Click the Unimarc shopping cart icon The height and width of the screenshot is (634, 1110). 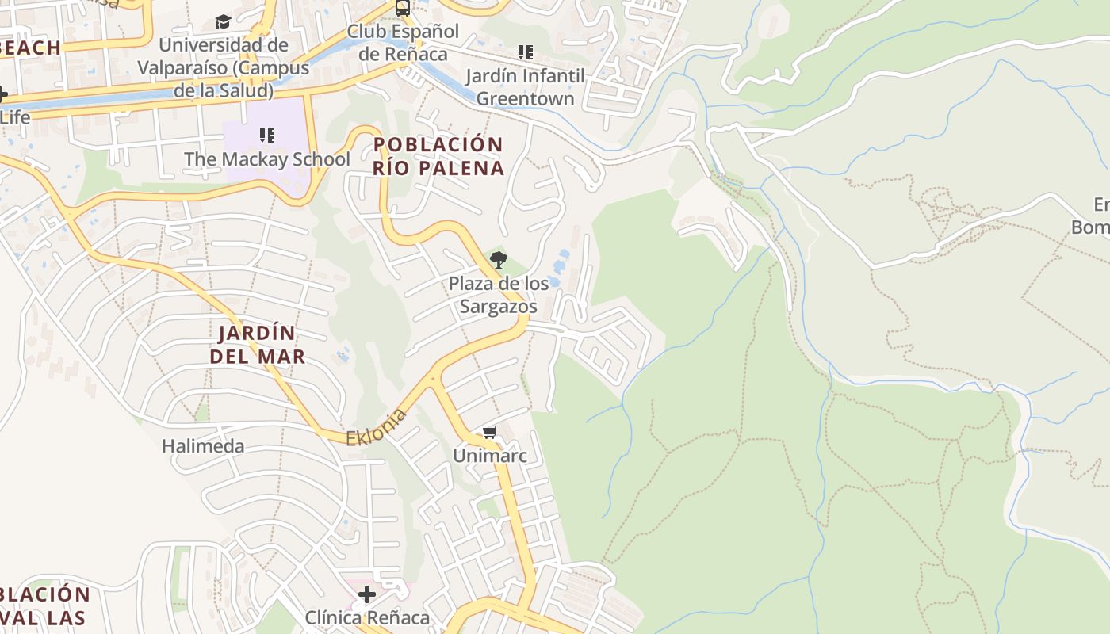(x=489, y=433)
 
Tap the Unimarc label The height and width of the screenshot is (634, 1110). (x=489, y=456)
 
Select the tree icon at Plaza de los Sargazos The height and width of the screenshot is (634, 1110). (x=498, y=259)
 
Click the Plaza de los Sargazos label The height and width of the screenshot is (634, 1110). (x=498, y=295)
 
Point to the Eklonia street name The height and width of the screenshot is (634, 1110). (x=377, y=427)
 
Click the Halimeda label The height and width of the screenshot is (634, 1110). (x=203, y=446)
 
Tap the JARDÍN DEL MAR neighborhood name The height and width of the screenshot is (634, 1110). (x=257, y=345)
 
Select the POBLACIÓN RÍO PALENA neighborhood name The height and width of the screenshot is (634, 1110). (x=438, y=156)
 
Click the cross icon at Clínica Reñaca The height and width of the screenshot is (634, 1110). (x=366, y=594)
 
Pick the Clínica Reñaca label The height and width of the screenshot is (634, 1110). (x=367, y=617)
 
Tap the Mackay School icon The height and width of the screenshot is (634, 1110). (x=267, y=136)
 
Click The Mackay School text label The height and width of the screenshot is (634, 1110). (x=267, y=159)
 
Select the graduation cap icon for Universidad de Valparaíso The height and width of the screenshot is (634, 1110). (x=223, y=21)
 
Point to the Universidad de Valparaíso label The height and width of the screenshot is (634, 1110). (x=224, y=67)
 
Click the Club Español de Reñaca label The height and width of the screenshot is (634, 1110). (x=403, y=43)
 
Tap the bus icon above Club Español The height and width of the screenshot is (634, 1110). (x=403, y=8)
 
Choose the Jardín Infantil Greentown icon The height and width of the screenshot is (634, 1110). (x=525, y=52)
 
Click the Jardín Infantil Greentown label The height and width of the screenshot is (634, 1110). (x=525, y=87)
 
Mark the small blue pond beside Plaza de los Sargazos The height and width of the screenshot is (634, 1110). (x=561, y=261)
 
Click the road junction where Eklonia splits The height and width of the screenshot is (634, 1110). (x=433, y=380)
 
